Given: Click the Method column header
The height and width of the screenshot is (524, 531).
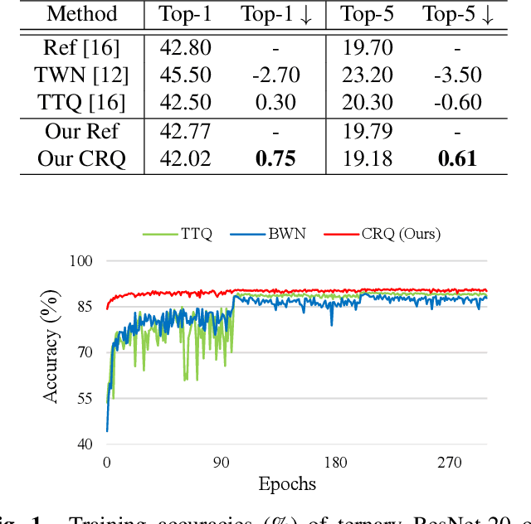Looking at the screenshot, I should coord(81,14).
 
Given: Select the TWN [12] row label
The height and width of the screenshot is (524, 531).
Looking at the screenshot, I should coord(81,76).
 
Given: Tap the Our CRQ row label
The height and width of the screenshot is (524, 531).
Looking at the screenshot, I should coord(81,159).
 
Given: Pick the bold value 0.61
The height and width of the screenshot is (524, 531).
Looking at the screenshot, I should coord(457,159).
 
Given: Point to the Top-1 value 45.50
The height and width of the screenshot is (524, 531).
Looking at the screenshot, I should coord(186,76).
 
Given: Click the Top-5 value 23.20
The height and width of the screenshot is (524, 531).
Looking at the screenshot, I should coord(366,76).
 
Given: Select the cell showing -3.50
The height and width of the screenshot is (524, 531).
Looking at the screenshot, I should coord(457,76).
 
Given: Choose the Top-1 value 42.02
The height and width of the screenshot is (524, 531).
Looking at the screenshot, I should coord(186,159).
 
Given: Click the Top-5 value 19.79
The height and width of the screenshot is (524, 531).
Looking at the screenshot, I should coord(366,132).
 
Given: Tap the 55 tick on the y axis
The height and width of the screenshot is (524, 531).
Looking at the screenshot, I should coord(83,398).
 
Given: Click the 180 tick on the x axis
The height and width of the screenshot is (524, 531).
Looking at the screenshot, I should coord(335,462).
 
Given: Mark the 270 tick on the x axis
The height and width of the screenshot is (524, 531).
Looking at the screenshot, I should coord(450,462).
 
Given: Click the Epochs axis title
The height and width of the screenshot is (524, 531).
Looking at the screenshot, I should coord(287,483).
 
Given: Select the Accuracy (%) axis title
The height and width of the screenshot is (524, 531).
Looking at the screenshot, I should coord(52,352).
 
